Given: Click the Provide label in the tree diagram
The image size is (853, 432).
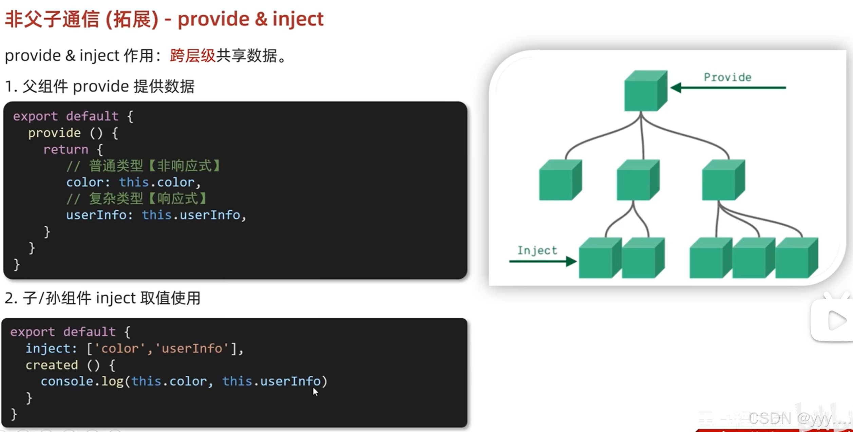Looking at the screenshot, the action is coord(727,77).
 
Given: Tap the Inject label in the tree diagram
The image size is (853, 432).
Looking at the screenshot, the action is coord(537,250).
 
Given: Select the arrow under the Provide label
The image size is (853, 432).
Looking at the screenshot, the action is coord(728,88).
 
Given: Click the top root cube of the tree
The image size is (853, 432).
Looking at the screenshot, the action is coord(646,91).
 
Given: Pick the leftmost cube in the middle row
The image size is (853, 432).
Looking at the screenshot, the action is coord(561,180).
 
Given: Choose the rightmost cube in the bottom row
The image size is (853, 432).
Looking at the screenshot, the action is coord(797,258).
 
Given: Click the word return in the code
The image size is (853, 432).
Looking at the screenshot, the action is coord(66,149).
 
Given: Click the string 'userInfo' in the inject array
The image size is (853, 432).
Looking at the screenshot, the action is coord(192,349).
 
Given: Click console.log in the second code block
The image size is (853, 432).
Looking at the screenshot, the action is coord(82,381).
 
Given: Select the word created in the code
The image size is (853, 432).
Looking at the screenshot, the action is coord(52,365).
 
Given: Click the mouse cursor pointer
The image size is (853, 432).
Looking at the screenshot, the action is coord(315,392).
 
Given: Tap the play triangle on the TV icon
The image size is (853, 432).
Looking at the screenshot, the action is coord(837,320).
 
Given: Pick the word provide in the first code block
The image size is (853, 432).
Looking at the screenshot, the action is coord(54,133).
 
